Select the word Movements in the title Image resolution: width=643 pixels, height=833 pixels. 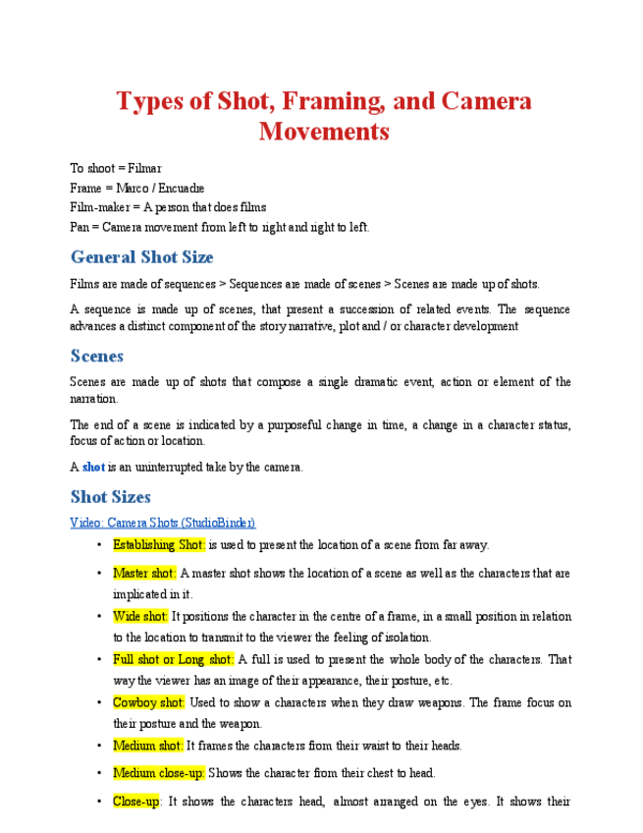coord(324,131)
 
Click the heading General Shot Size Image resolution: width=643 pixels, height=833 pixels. coord(141,257)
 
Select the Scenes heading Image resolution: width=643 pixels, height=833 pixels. coord(96,356)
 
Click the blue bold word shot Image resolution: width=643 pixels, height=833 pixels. coord(93,468)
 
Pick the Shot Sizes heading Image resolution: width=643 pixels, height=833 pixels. coord(110,497)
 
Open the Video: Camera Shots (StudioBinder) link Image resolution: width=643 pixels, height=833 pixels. coord(162,523)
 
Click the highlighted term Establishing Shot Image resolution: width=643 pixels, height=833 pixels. coord(158,545)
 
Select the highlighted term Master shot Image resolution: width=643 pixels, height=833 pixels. coord(144,573)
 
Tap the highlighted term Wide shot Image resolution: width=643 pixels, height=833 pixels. coord(140,616)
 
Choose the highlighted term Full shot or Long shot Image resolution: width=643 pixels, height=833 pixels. coord(173,659)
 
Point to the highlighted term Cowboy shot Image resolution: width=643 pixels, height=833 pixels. coord(148,702)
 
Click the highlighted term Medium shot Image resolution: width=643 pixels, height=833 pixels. coord(147,746)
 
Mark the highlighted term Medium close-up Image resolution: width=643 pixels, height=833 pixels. coord(158,773)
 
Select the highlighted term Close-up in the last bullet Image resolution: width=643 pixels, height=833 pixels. coord(136,802)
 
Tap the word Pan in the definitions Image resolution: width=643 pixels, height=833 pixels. coord(79,227)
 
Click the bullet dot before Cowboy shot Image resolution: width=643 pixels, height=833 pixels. coord(100,702)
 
